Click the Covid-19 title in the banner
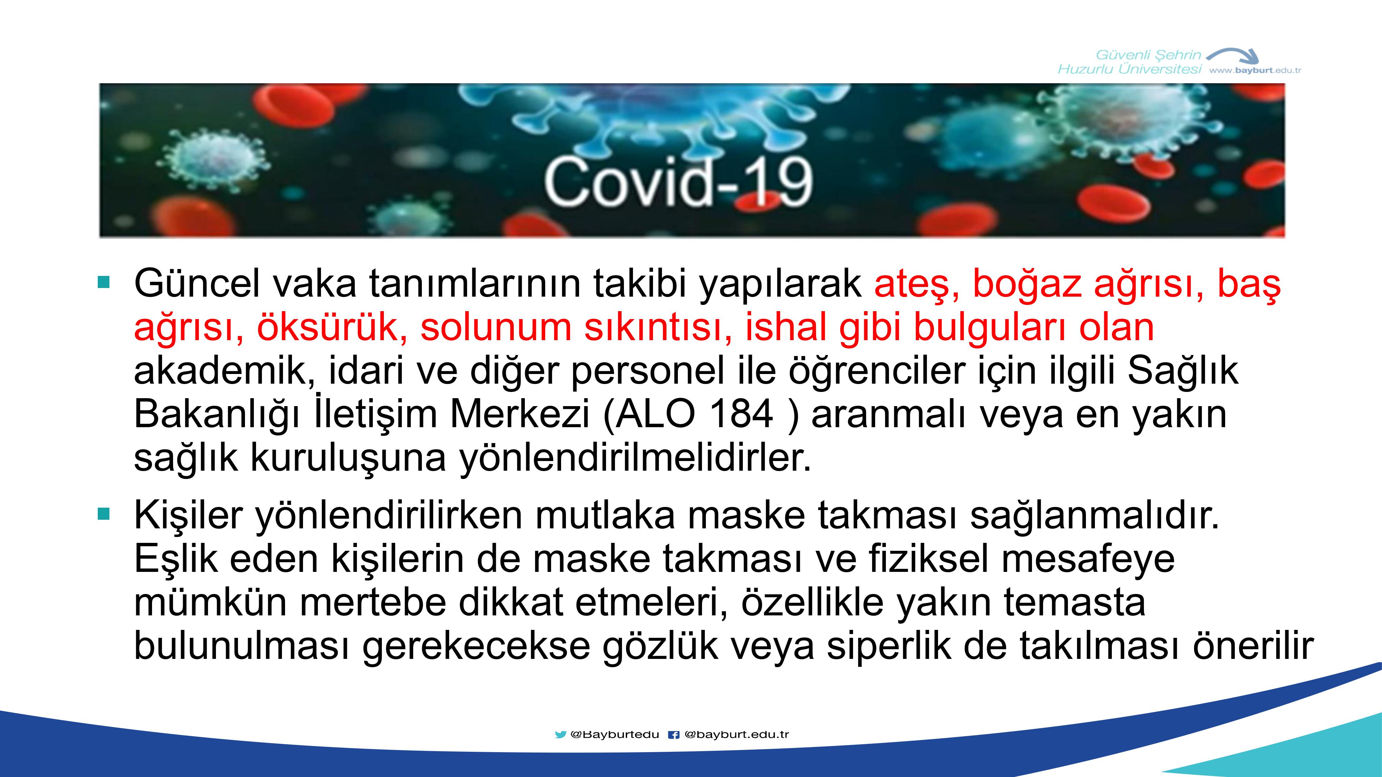[678, 182]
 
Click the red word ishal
[786, 327]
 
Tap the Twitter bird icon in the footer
[560, 735]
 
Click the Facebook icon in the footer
[673, 735]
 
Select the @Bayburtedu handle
[615, 735]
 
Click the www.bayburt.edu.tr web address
[1256, 70]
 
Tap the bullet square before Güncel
[104, 282]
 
